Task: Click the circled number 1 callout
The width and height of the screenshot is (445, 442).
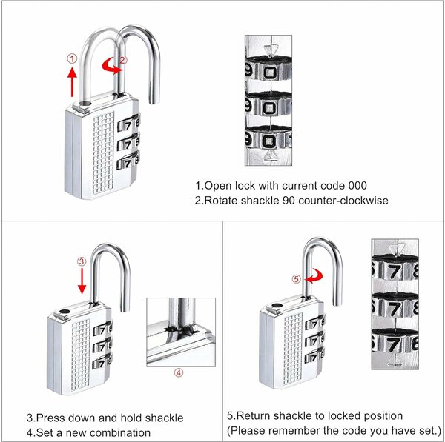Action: pyautogui.click(x=72, y=58)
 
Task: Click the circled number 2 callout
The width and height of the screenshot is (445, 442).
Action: pyautogui.click(x=123, y=60)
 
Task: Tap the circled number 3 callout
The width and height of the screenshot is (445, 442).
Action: pyautogui.click(x=82, y=261)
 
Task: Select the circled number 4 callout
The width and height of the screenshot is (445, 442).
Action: pyautogui.click(x=178, y=373)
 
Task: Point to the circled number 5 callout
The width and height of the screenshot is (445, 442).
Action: pyautogui.click(x=297, y=279)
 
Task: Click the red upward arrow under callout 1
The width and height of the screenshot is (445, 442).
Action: pyautogui.click(x=72, y=81)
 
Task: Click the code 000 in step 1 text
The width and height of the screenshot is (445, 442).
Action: pyautogui.click(x=356, y=186)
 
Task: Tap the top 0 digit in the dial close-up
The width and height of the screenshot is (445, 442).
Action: pyautogui.click(x=272, y=73)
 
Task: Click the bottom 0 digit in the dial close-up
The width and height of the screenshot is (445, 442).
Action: pyautogui.click(x=272, y=139)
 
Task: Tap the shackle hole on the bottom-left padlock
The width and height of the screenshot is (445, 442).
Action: pyautogui.click(x=66, y=313)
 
